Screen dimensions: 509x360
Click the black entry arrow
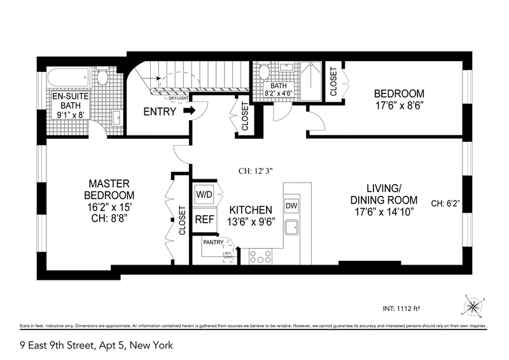(x=189, y=111)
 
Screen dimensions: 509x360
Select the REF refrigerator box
(x=204, y=219)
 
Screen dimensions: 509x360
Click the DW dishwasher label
(x=292, y=206)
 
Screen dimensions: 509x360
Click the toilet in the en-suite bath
(x=102, y=77)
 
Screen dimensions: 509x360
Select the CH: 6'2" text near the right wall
(x=445, y=204)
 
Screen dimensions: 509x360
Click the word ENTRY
(x=160, y=112)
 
